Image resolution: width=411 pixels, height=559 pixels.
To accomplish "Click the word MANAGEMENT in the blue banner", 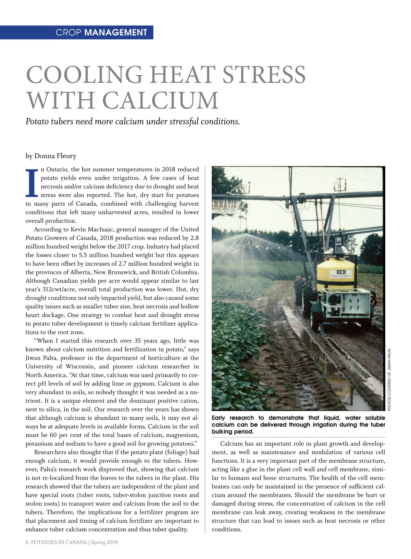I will tap(115, 33).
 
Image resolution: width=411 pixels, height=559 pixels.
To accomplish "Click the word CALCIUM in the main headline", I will tap(160, 100).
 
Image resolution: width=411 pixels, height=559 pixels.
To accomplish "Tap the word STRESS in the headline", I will tap(264, 74).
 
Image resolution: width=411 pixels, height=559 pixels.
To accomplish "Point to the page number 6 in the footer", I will tap(27, 542).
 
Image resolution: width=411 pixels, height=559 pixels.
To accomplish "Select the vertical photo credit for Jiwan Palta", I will tap(389, 379).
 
